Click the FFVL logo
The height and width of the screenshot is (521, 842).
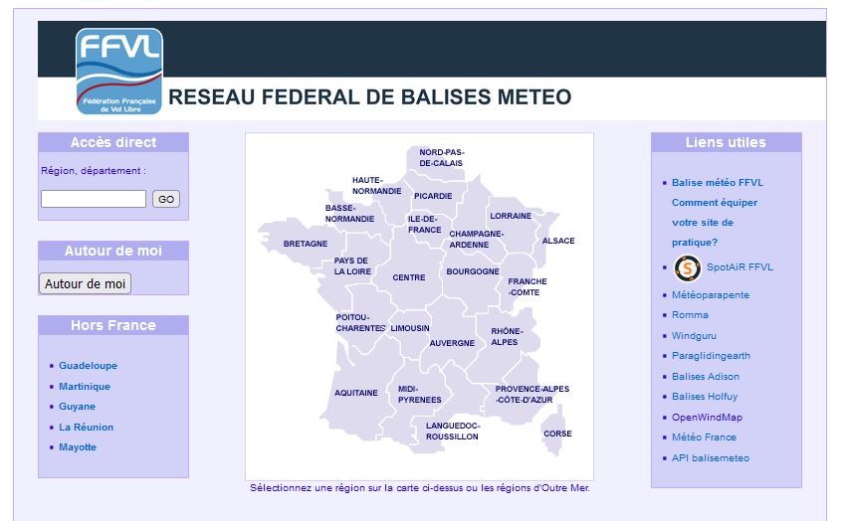click(119, 72)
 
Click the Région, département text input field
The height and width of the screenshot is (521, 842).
click(94, 199)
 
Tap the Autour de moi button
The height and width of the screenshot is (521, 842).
click(85, 283)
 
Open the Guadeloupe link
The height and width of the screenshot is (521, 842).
click(88, 366)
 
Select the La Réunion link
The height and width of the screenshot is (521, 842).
click(86, 428)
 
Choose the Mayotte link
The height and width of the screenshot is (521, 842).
click(78, 447)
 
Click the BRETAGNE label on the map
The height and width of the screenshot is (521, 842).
click(306, 244)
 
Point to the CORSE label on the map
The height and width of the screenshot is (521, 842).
click(557, 434)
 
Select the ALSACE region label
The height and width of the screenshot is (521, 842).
click(558, 241)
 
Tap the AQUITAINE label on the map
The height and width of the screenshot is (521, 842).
click(356, 393)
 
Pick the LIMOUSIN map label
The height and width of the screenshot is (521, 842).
click(410, 328)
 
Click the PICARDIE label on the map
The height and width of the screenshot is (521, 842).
click(433, 197)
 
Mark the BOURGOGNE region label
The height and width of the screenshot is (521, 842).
click(473, 271)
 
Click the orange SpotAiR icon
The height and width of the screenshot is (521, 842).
click(688, 267)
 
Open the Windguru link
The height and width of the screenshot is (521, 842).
click(694, 336)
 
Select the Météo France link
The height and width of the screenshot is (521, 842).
click(704, 437)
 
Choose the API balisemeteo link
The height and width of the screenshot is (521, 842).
click(711, 458)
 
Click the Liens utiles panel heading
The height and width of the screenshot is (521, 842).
click(726, 142)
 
